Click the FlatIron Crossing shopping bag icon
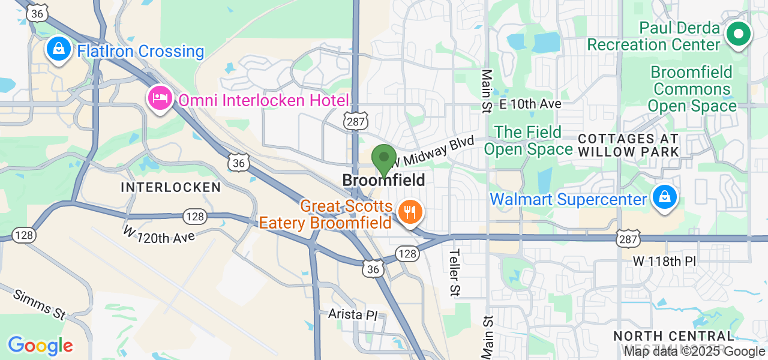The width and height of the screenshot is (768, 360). pos(59,49)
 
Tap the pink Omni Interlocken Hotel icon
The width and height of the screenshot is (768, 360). pos(160,98)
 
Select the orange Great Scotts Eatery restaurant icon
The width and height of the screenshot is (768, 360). pos(410,212)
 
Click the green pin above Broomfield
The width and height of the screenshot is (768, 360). pos(383,160)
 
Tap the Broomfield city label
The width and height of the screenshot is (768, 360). pos(383,180)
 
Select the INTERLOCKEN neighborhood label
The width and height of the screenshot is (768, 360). pos(171,187)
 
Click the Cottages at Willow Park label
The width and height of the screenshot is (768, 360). pos(628,145)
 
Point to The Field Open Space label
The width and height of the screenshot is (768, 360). pos(528,140)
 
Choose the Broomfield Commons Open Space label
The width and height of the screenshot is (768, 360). pos(692,89)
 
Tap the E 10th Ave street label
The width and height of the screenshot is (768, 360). pos(530,104)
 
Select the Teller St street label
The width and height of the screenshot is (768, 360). pos(455,272)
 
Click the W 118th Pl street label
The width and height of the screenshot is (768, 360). pos(664,262)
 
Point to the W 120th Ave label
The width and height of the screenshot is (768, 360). pos(159,233)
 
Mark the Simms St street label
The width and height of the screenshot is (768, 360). pos(39,304)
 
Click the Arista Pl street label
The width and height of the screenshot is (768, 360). pos(356,314)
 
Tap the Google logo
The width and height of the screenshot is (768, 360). pos(40,346)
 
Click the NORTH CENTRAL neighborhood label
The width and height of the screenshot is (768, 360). pos(674,336)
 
